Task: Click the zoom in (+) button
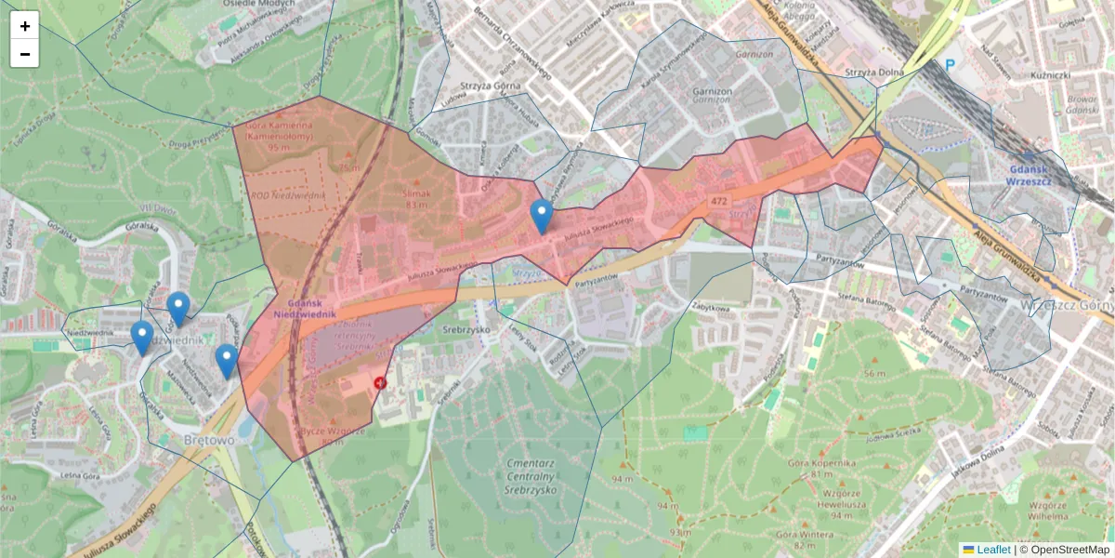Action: pyautogui.click(x=25, y=26)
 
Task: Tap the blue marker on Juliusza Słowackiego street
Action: pyautogui.click(x=542, y=217)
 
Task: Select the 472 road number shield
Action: pyautogui.click(x=717, y=201)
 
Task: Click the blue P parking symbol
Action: pyautogui.click(x=950, y=66)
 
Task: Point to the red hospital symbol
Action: pyautogui.click(x=380, y=382)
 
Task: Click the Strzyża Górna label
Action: pyautogui.click(x=487, y=88)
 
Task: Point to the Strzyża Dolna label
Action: pyautogui.click(x=875, y=73)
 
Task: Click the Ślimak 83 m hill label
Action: pyautogui.click(x=416, y=198)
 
